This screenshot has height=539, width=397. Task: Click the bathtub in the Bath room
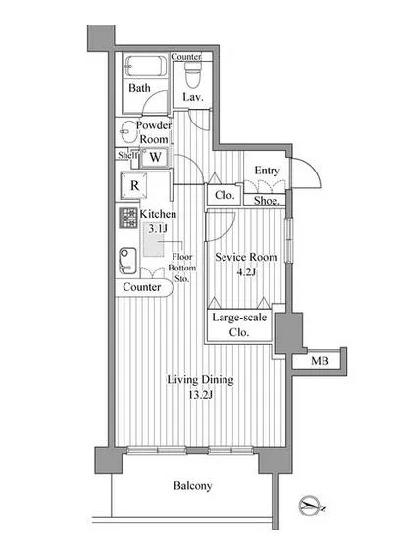145,66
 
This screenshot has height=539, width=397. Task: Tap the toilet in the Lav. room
192,74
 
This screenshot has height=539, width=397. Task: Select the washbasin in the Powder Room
125,132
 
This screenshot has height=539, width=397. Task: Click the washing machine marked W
155,158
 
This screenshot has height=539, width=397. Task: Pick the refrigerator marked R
134,185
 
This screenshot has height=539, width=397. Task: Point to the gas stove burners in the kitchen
128,218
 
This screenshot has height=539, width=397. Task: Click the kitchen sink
127,261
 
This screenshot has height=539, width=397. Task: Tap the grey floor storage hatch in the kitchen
153,241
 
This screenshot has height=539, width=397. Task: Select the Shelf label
127,155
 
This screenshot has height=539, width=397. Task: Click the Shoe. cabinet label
267,200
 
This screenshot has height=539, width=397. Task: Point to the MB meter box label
320,361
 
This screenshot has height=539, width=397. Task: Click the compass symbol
310,506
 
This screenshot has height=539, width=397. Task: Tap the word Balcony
193,486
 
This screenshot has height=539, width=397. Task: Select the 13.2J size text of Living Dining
201,395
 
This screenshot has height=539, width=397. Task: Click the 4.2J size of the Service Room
246,272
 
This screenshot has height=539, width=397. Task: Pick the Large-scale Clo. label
239,324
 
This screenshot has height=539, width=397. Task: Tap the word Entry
267,171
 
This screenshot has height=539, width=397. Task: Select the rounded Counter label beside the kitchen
141,287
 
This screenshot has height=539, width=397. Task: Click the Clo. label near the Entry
224,195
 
